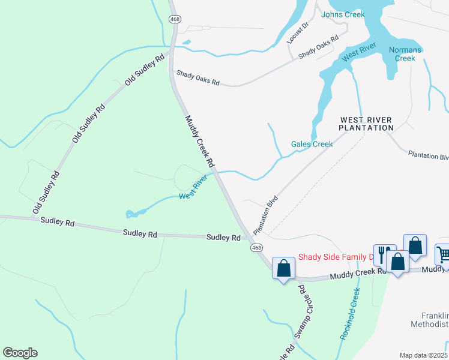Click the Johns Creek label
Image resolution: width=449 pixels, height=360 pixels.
(x=343, y=14)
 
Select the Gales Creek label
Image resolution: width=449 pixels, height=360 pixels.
(x=312, y=144)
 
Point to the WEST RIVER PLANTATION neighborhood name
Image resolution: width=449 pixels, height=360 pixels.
(x=366, y=124)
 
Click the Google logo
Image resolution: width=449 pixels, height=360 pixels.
(x=20, y=353)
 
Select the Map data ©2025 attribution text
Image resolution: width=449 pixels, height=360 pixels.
(x=424, y=355)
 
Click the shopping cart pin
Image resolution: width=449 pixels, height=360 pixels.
(x=444, y=254)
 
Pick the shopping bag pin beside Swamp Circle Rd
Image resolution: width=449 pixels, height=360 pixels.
(x=283, y=269)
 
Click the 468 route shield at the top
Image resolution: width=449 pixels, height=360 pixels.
(x=175, y=19)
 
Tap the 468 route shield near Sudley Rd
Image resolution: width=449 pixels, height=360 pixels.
(x=256, y=248)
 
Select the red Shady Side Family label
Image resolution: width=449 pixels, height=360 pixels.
(x=336, y=257)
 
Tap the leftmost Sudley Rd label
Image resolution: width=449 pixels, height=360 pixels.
(x=58, y=222)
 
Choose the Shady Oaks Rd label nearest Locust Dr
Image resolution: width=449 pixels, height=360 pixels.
(x=319, y=46)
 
